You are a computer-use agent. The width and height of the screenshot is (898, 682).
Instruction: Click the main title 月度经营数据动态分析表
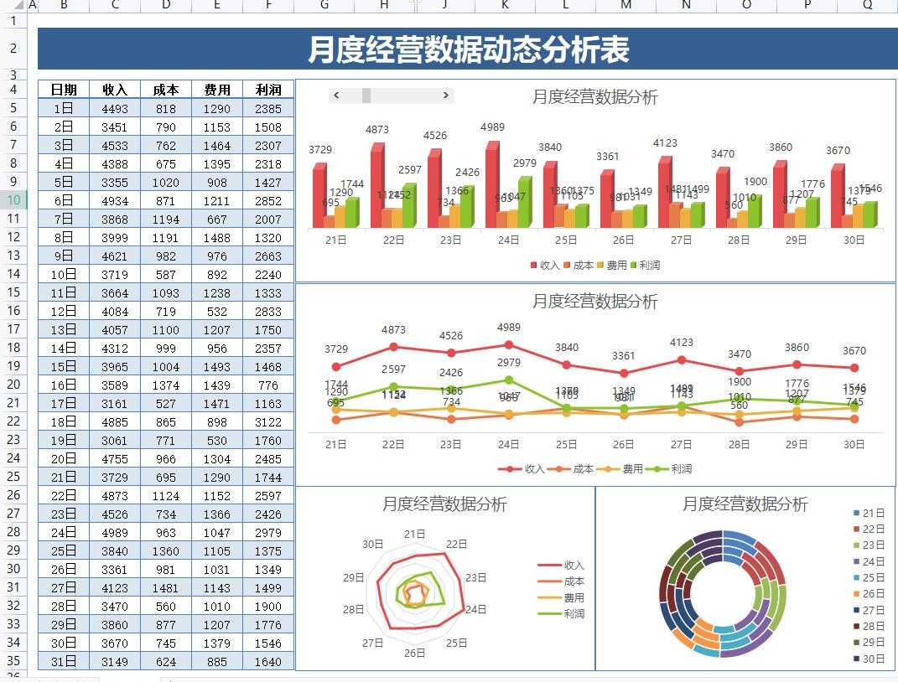tap(468, 49)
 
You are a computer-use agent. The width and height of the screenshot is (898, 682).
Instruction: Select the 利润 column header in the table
tap(268, 90)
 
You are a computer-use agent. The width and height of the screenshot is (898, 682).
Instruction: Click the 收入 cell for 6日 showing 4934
tap(115, 200)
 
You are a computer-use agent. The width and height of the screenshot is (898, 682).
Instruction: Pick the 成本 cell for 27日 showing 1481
tap(166, 587)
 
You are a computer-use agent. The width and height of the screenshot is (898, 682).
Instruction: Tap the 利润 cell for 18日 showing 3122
tap(268, 421)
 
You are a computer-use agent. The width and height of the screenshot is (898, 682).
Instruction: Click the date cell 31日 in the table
tap(64, 661)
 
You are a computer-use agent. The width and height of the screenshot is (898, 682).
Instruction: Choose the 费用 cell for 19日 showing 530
tap(217, 440)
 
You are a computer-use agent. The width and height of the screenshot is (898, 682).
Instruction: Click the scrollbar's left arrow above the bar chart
tap(336, 96)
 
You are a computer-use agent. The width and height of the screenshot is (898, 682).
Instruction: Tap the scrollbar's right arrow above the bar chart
tap(446, 96)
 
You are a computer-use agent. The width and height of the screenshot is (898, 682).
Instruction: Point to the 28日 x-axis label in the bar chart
tap(739, 240)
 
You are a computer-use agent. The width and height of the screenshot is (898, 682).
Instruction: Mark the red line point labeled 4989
tap(509, 344)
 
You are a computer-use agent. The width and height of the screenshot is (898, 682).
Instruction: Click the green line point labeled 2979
tap(509, 380)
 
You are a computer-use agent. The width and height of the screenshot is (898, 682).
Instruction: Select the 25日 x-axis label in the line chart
tap(566, 444)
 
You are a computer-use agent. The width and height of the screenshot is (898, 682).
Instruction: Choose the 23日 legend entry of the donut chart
tap(873, 545)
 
